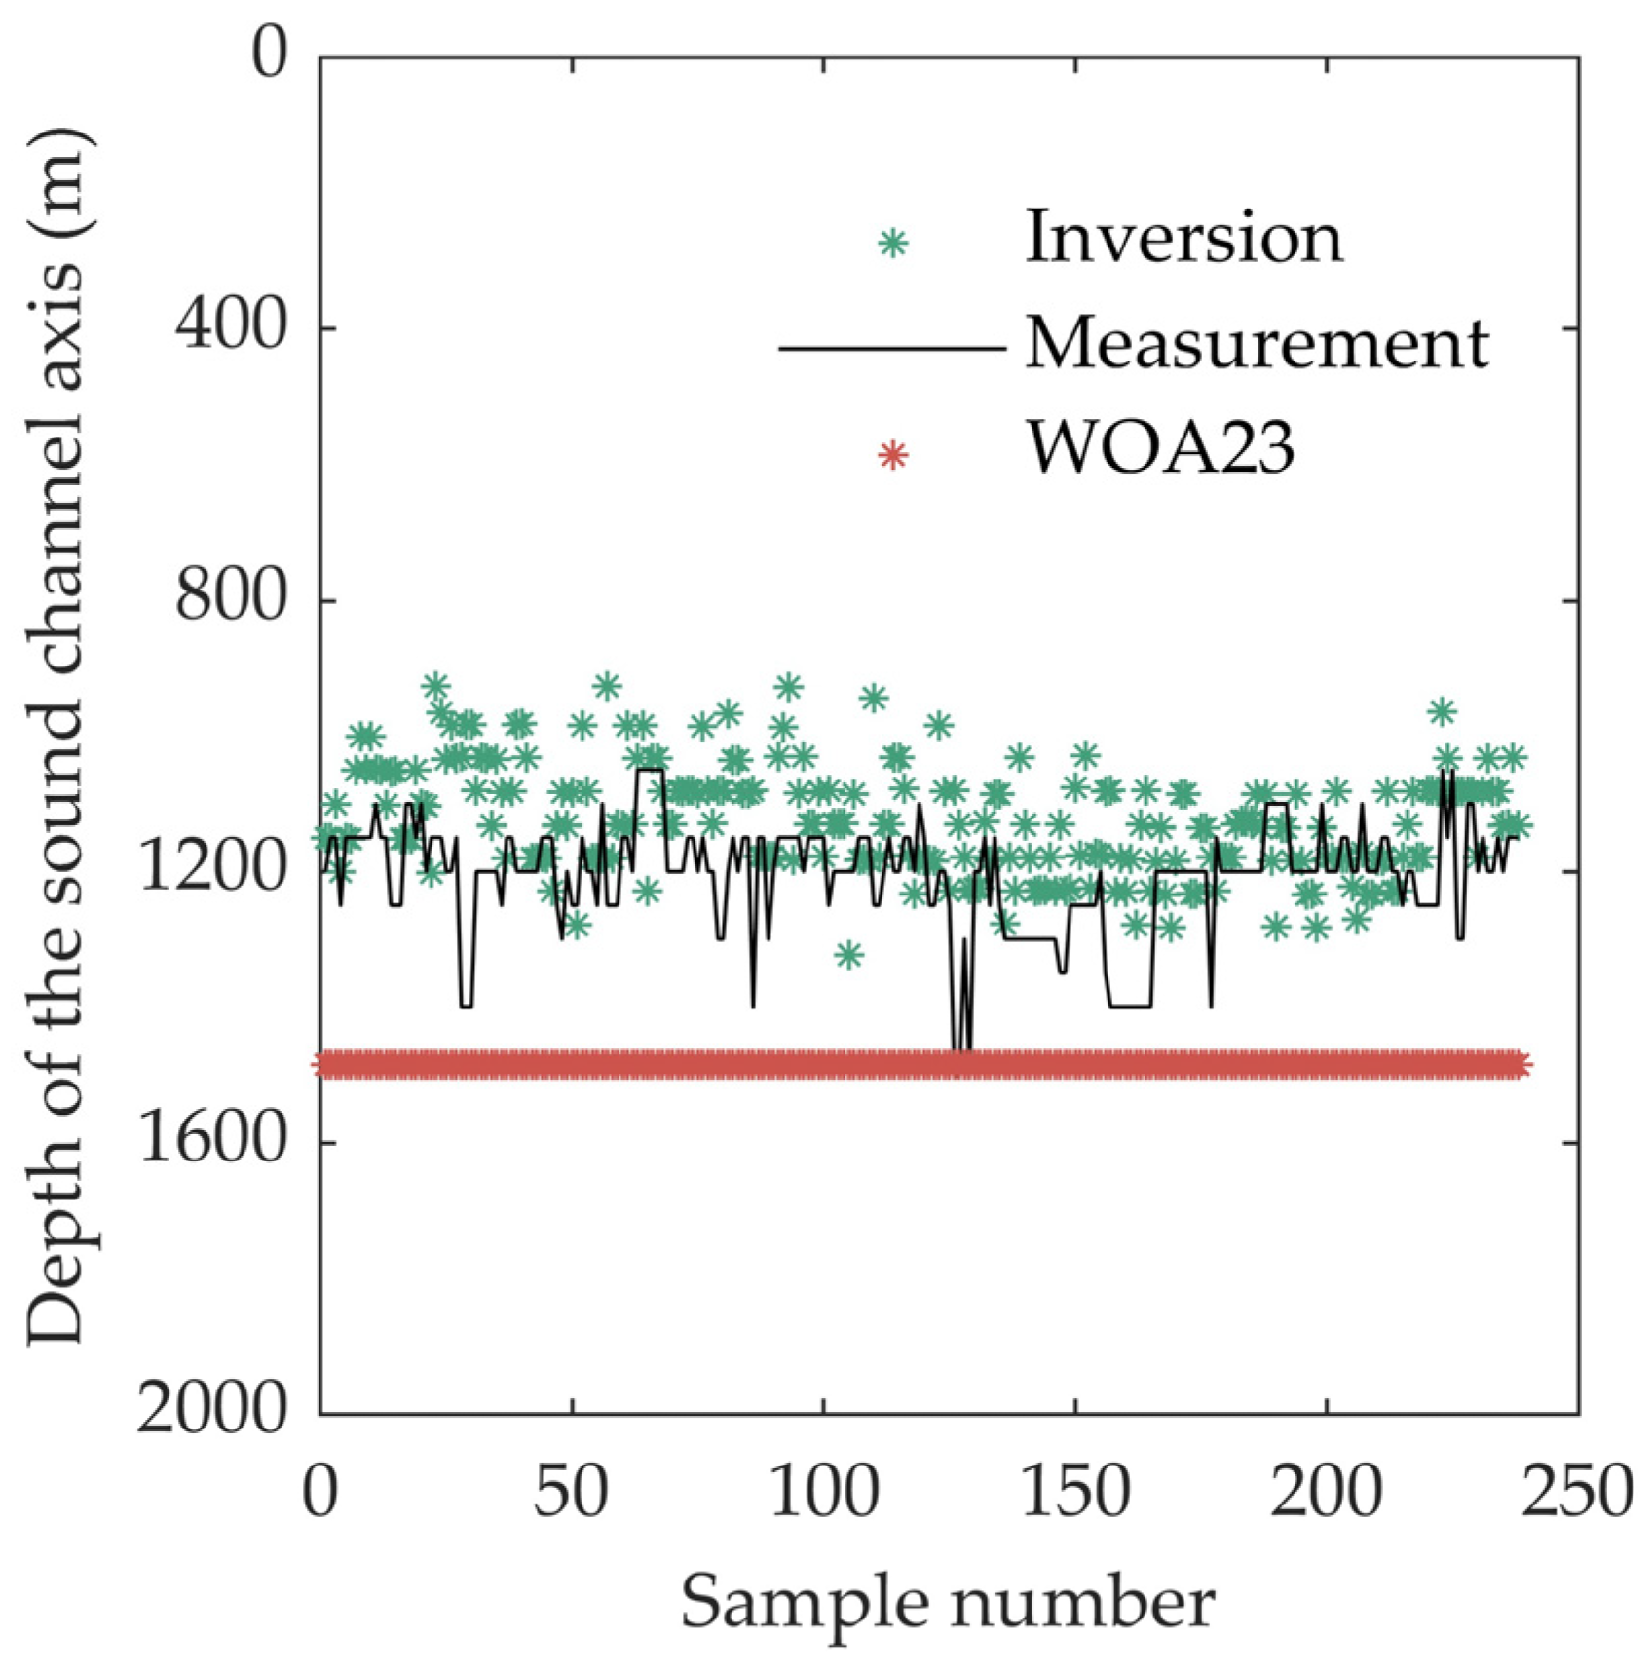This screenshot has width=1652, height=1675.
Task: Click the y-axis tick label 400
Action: (231, 327)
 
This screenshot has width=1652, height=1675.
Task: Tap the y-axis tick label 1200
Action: (213, 869)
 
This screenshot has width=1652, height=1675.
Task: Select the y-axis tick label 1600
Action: (213, 1141)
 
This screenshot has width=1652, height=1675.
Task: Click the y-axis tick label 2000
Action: (213, 1411)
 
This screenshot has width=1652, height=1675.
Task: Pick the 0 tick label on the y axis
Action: (270, 56)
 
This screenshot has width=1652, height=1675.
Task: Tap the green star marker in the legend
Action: (892, 243)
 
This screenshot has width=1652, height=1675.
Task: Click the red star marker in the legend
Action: (892, 455)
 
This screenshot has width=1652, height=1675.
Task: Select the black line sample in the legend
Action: (891, 348)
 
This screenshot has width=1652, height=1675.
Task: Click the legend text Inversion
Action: (1183, 239)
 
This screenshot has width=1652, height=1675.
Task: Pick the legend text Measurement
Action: (1257, 345)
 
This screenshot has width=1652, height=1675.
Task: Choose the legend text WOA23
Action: (1161, 450)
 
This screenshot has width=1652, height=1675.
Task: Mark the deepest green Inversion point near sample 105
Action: (848, 955)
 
